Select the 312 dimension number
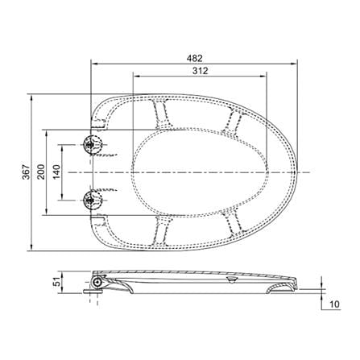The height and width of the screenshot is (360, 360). coord(201,71)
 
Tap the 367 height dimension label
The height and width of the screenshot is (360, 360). coord(26,172)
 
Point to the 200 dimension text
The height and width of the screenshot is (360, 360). coord(41,172)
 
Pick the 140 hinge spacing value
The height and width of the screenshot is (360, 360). coord(56,172)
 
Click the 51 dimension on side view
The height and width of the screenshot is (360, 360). coord(56,282)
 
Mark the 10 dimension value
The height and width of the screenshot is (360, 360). coord(334,304)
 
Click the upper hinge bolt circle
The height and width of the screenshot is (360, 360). coord(93,145)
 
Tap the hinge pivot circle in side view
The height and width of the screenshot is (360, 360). coord(97,282)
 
